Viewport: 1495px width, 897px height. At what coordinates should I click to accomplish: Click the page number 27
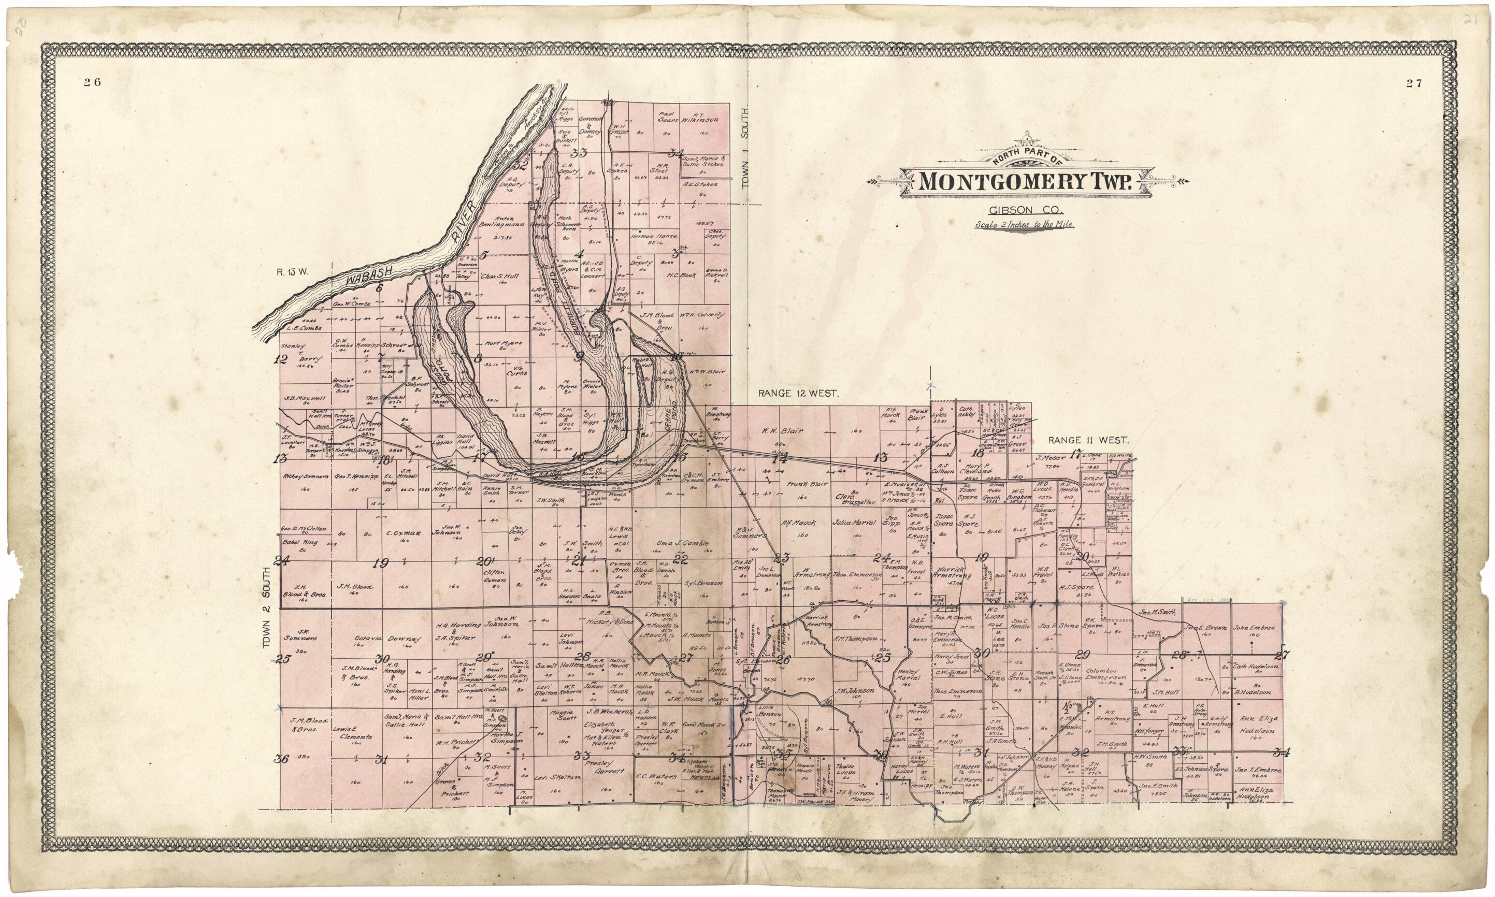click(x=1413, y=83)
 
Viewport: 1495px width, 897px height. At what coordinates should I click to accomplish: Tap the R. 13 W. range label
click(x=293, y=271)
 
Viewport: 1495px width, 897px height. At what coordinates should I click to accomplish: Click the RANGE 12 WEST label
click(x=797, y=394)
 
